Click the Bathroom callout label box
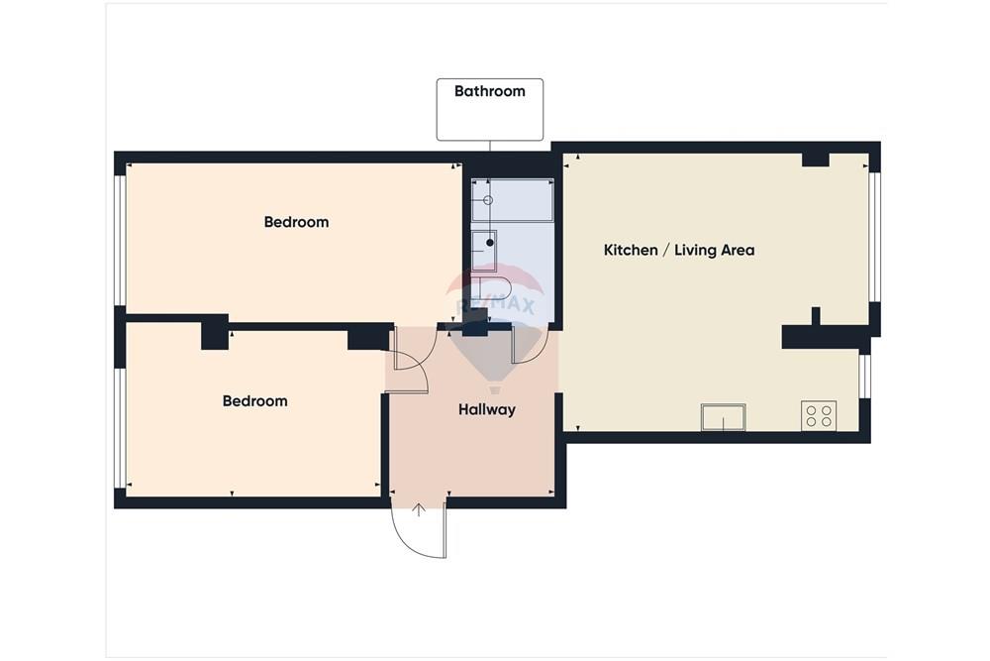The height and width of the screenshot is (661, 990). [489, 109]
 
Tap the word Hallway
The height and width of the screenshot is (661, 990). [487, 410]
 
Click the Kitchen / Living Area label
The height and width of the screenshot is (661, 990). [679, 251]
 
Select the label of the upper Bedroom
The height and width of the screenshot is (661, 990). [296, 222]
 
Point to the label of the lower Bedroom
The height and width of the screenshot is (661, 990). [255, 401]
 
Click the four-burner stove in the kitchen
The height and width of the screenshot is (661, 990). [819, 416]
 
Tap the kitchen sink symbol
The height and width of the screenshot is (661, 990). [723, 417]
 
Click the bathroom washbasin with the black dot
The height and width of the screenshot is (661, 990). [484, 251]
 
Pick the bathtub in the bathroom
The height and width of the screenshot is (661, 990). [512, 200]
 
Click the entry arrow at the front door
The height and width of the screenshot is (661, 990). [419, 510]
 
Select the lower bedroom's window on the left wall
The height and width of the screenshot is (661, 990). [120, 428]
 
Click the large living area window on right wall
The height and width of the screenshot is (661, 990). [874, 237]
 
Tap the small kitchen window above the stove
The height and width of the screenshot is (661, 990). [864, 377]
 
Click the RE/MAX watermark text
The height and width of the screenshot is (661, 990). [495, 306]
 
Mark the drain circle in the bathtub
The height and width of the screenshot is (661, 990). [487, 200]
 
